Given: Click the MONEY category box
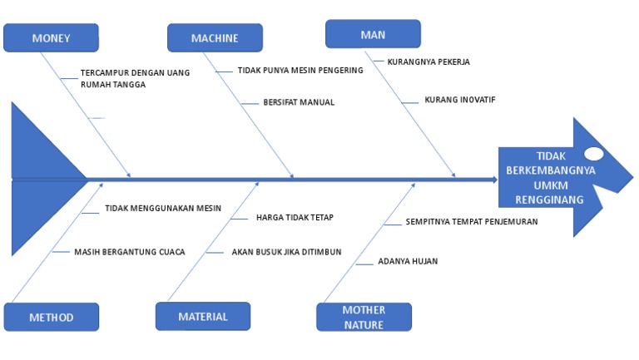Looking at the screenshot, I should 51,37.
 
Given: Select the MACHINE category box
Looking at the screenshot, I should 215,37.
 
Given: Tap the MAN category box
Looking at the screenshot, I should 372,34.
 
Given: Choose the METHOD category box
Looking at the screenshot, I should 51,317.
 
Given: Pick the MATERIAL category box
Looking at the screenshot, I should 203,316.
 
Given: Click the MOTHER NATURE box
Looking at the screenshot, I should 364,317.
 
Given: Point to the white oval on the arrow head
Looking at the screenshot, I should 594,154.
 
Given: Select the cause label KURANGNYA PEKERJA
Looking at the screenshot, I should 428,62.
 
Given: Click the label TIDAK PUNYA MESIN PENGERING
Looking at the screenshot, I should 300,71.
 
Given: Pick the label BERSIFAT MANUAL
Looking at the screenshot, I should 299,102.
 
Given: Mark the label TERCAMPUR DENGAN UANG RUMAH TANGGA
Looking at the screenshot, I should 135,78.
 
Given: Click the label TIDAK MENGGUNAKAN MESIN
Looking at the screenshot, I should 163,209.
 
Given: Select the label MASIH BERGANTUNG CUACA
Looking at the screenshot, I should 129,251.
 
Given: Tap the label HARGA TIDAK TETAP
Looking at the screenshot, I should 295,218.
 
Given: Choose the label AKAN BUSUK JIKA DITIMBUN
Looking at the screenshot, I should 286,252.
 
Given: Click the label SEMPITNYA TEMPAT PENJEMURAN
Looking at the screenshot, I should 471,222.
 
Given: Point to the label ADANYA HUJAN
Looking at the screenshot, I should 408,261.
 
